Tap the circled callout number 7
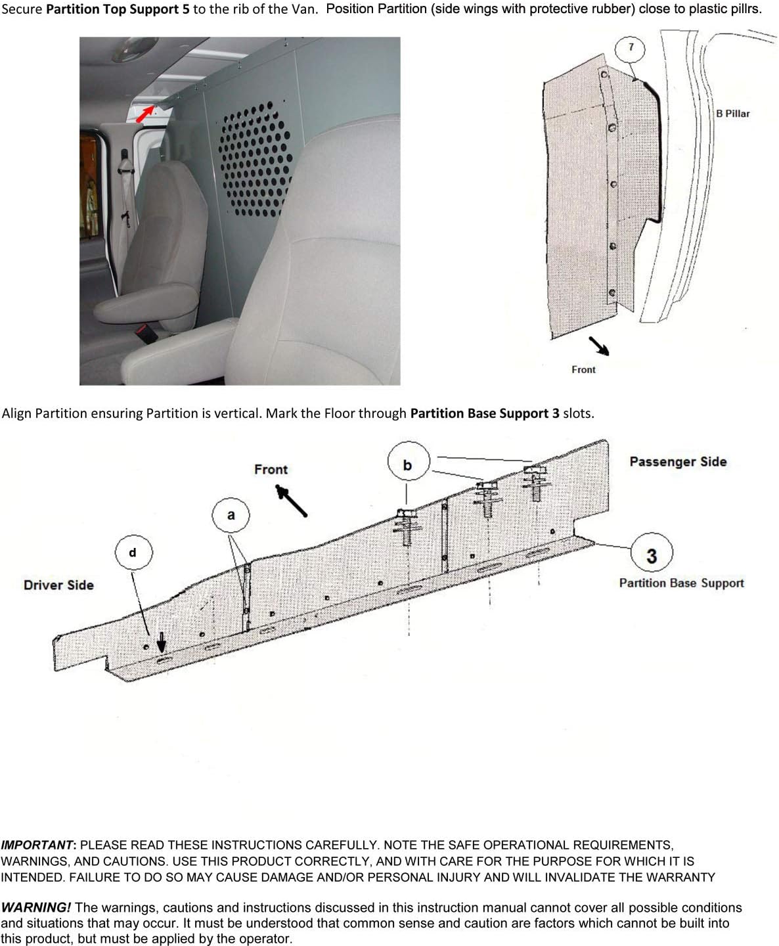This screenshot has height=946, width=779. [631, 47]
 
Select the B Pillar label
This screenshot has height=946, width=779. [732, 114]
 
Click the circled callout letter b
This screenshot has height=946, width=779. [407, 465]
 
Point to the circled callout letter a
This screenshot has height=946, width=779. [231, 516]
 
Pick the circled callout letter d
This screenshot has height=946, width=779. [133, 552]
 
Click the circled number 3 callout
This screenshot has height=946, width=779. [651, 556]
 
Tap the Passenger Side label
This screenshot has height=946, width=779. [678, 462]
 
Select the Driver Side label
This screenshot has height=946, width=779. [58, 585]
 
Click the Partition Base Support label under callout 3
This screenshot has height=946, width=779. [681, 583]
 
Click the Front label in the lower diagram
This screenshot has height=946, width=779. [271, 470]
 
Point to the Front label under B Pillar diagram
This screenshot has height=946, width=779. [583, 370]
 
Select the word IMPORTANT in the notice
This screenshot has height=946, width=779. [37, 845]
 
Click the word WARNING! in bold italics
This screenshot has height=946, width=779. [36, 908]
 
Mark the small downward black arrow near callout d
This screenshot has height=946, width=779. [161, 641]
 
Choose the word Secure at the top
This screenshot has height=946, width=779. [22, 10]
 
